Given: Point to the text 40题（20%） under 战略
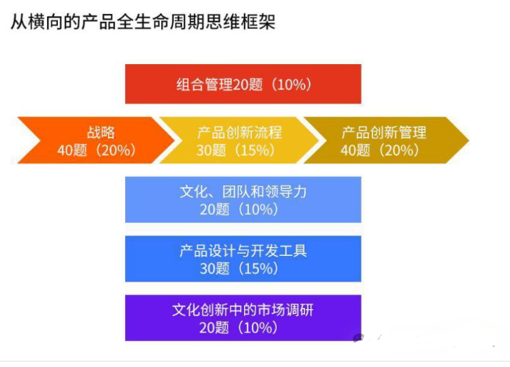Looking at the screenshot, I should (x=96, y=150).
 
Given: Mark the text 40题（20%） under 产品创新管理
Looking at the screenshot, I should (x=383, y=150).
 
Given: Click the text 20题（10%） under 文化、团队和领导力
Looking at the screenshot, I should (x=243, y=209).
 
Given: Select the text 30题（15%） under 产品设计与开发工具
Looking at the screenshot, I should (x=243, y=268).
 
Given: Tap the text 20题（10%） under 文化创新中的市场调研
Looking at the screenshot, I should (x=243, y=327).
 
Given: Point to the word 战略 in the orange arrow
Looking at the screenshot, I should (x=101, y=132).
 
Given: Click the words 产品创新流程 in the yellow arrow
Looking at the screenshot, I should (x=239, y=132).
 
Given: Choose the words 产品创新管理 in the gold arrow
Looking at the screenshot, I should (x=383, y=132).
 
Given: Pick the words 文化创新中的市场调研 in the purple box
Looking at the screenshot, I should (x=243, y=310).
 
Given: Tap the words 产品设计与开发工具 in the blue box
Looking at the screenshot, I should (x=243, y=250).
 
